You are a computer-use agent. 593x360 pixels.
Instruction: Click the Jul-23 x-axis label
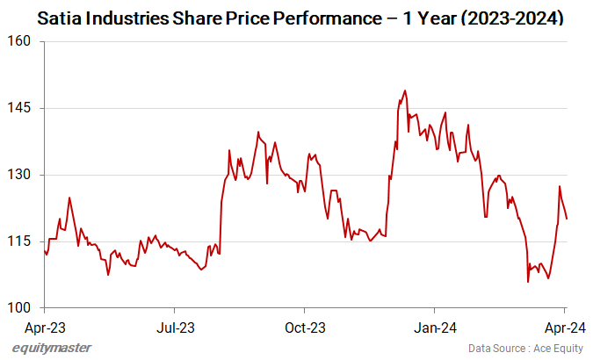click(x=174, y=328)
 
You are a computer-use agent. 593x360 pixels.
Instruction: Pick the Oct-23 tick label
click(x=304, y=328)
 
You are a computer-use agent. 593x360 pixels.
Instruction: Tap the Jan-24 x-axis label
click(x=434, y=328)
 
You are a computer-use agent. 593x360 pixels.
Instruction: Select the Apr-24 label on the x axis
click(x=563, y=328)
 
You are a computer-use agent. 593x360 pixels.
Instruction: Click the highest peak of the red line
click(x=404, y=90)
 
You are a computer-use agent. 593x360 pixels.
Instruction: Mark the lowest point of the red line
click(x=528, y=282)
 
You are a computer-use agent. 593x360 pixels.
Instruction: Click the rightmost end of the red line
click(x=567, y=219)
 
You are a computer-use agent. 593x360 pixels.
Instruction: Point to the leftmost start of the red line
click(x=44, y=249)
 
